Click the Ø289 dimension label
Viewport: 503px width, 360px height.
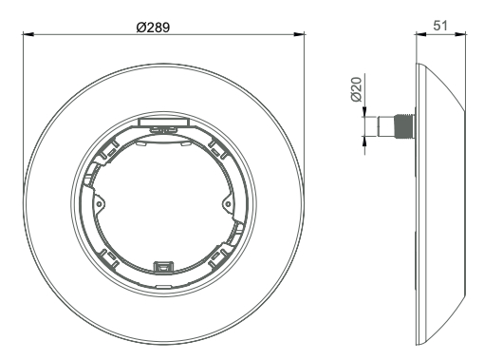pos(153,28)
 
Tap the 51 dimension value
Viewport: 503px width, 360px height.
pos(440,26)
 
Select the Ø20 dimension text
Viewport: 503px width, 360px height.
pos(357,89)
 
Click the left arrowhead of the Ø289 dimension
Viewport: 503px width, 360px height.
pos(28,34)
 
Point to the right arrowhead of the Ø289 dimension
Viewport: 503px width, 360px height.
pos(299,34)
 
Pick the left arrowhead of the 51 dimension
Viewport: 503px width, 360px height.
pos(421,34)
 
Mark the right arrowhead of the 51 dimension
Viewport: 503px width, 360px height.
pos(460,34)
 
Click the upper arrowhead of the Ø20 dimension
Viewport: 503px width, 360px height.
pos(364,111)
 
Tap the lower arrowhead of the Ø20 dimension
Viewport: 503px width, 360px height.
pos(364,142)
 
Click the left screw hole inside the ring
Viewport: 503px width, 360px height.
pos(99,204)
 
